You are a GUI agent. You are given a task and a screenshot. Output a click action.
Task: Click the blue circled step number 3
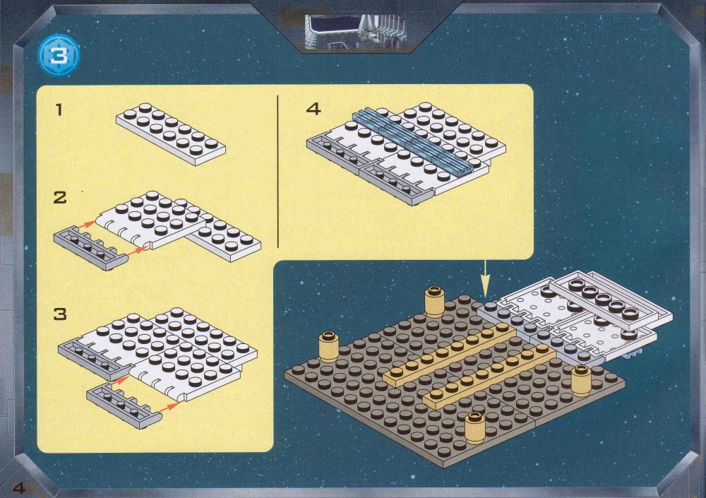pos(59,56)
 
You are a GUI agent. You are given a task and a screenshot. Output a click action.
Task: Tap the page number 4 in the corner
pos(19,487)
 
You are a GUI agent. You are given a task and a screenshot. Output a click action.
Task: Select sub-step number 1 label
pos(59,109)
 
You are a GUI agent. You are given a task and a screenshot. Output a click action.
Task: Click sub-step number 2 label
pos(60,197)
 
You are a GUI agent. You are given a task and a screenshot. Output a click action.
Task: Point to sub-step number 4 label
pos(313,109)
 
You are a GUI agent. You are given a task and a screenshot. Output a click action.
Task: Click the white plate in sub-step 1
pos(171,134)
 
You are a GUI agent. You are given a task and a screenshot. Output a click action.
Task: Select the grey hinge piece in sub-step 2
pos(90,248)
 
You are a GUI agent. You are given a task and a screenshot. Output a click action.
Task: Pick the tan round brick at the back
pos(434,301)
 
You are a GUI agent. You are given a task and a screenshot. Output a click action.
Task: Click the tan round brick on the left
pos(329,347)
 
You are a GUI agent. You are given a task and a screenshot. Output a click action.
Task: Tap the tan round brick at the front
pos(475,427)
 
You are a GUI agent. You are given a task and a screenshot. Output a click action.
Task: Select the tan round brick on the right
pos(581,380)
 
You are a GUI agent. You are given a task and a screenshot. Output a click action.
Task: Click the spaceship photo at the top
pos(356,32)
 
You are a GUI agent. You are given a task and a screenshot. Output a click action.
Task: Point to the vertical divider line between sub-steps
pos(277,171)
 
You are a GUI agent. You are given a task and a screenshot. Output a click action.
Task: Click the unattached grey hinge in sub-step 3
pos(124,406)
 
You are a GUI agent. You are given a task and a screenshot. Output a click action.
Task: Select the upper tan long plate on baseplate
pos(450,355)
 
